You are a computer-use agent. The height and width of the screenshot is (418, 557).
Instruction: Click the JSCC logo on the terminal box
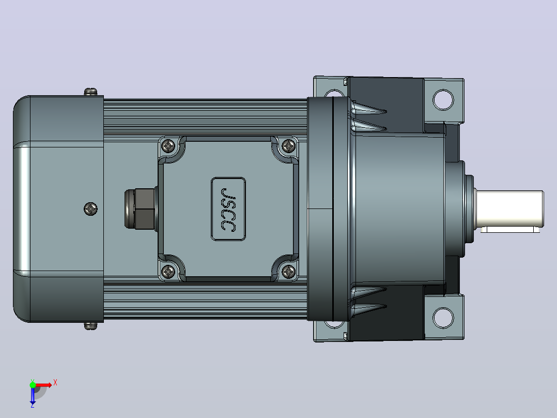(228, 209)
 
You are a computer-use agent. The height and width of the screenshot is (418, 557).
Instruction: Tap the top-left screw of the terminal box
(168, 145)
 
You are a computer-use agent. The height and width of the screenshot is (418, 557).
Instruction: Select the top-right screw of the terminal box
(289, 145)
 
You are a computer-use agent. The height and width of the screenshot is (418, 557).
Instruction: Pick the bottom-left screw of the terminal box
(168, 272)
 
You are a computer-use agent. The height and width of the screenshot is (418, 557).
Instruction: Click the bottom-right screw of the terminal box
(289, 272)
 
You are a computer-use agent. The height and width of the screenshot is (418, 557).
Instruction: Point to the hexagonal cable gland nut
(141, 208)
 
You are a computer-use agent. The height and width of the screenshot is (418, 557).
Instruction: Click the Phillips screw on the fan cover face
(91, 209)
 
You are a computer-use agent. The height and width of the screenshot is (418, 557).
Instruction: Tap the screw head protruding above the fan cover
(90, 92)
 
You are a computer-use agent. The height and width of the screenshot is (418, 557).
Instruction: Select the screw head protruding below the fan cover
(90, 326)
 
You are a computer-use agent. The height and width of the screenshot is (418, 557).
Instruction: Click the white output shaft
(510, 209)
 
